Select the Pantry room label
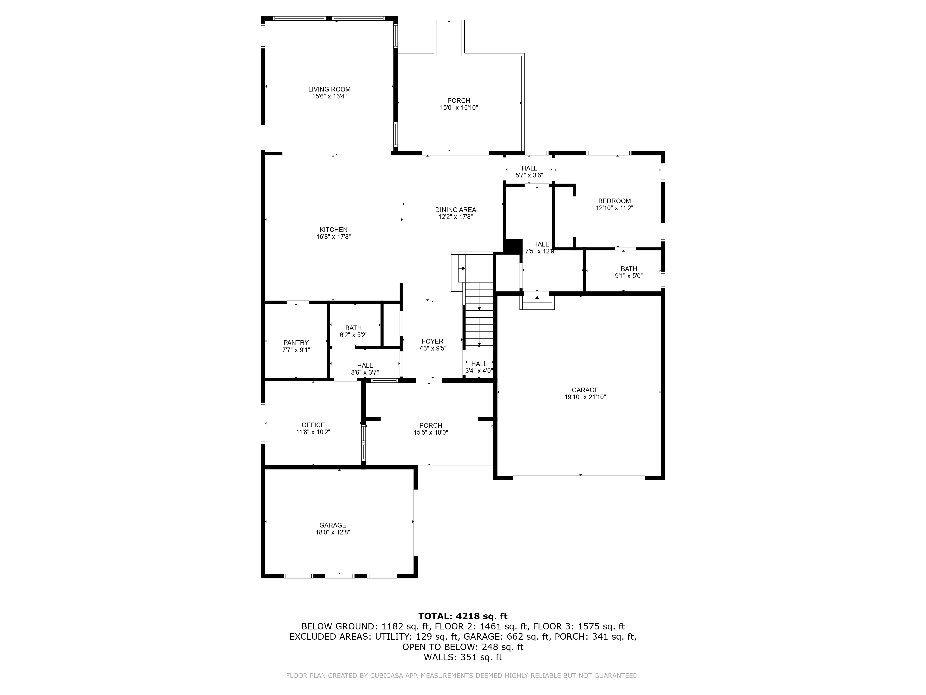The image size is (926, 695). point(296,343)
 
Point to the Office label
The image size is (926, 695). point(313,425)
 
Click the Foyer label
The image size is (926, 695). point(432,341)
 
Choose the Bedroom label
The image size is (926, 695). point(614,201)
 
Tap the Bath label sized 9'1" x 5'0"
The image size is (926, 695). point(629,269)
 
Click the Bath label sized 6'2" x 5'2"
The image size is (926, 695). point(353,328)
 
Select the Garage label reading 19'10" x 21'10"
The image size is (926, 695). point(585,390)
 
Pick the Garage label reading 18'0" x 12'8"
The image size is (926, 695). point(333,525)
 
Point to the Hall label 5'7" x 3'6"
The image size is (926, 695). point(529,168)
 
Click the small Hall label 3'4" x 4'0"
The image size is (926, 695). point(479,364)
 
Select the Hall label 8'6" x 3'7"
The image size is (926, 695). point(365,365)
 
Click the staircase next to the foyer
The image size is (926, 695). point(479,314)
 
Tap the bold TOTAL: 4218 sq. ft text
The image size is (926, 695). point(463,616)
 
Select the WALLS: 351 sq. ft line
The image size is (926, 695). point(463,657)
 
